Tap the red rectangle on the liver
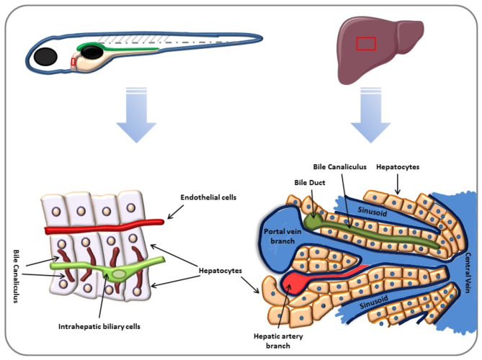pos(366,44)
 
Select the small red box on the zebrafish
pos(73,63)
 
